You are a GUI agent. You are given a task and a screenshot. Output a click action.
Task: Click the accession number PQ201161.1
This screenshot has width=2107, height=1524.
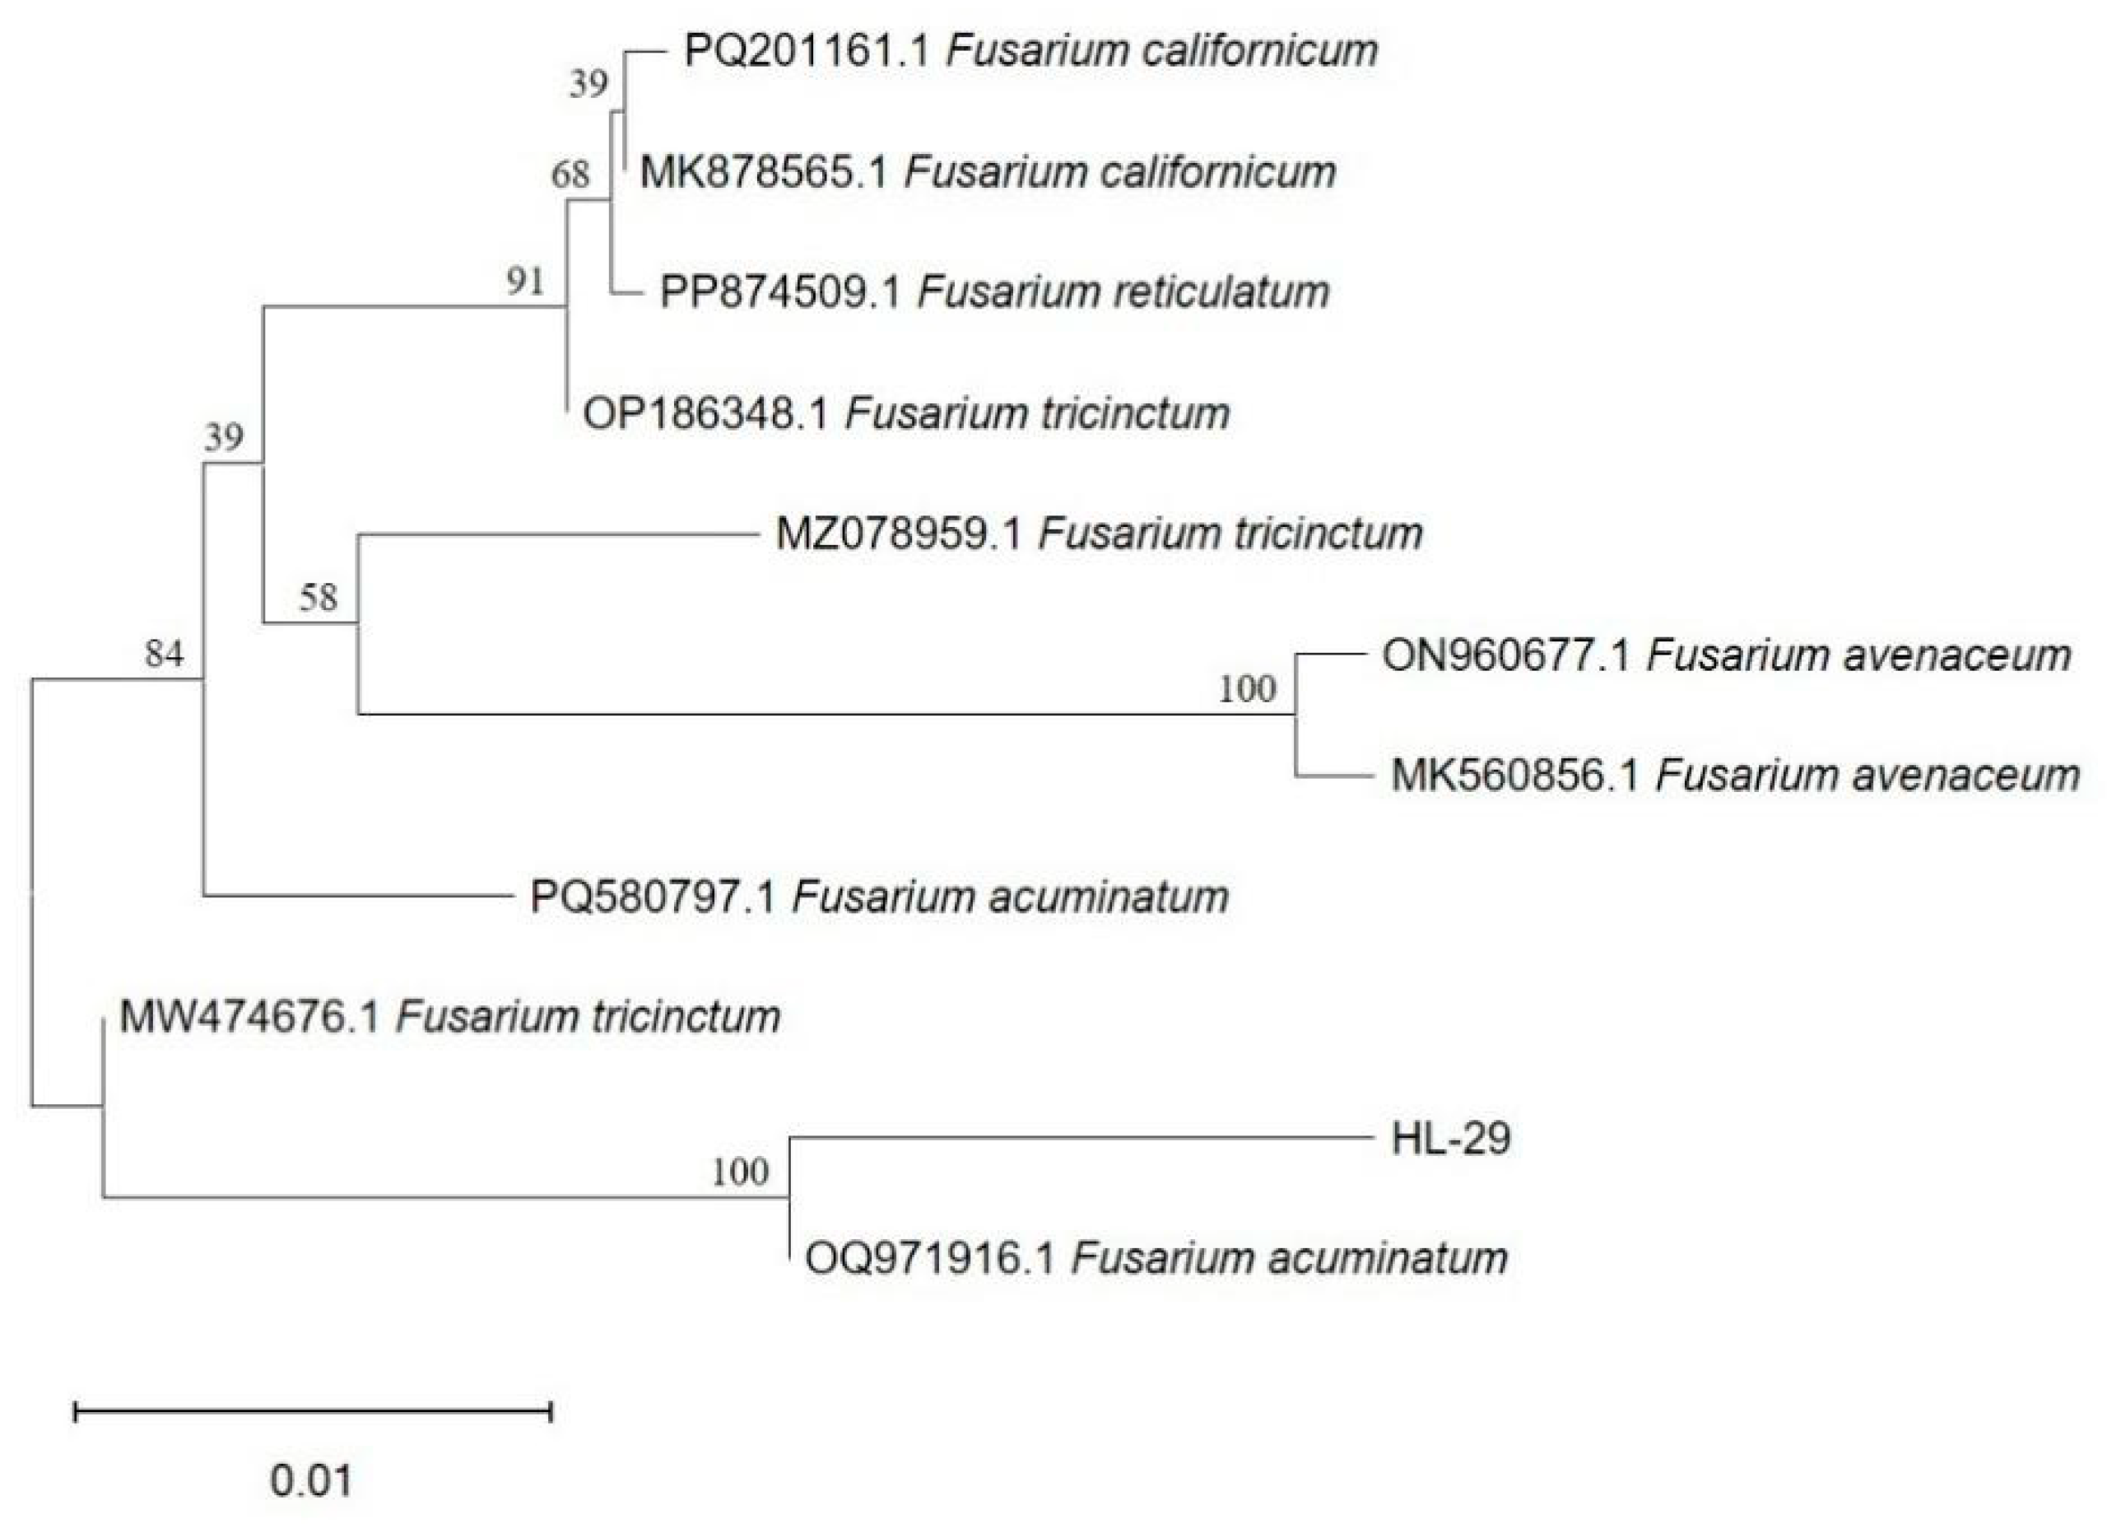(807, 51)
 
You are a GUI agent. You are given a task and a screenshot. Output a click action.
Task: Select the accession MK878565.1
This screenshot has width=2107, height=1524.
(764, 173)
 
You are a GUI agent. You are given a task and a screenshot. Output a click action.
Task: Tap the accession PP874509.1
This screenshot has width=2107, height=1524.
(780, 293)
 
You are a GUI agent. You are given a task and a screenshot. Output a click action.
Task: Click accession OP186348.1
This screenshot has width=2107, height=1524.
(705, 413)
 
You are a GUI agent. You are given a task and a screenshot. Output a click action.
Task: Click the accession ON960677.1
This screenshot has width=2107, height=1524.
(1505, 656)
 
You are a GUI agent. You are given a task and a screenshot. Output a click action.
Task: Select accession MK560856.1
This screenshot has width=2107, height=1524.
(1514, 776)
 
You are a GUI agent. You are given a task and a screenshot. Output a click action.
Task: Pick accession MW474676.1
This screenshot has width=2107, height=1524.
(249, 1018)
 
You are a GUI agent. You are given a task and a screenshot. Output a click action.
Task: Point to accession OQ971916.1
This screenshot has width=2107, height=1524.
(930, 1260)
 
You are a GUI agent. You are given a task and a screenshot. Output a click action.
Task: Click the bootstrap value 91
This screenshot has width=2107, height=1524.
(525, 282)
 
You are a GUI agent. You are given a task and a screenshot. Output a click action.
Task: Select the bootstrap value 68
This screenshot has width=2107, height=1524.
(570, 174)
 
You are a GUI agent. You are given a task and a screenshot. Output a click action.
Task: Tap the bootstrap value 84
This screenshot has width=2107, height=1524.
(165, 655)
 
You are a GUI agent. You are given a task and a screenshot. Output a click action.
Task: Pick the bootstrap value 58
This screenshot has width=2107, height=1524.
(318, 598)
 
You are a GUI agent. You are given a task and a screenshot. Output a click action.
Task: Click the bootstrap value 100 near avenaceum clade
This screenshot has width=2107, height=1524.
(1248, 688)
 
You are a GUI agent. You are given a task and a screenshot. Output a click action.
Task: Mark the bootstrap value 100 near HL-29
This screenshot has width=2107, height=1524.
(741, 1172)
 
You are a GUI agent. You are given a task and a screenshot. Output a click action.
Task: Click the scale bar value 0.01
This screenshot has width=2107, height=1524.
(311, 1480)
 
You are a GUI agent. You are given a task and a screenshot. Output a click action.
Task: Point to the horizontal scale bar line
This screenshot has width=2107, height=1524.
(313, 1414)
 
